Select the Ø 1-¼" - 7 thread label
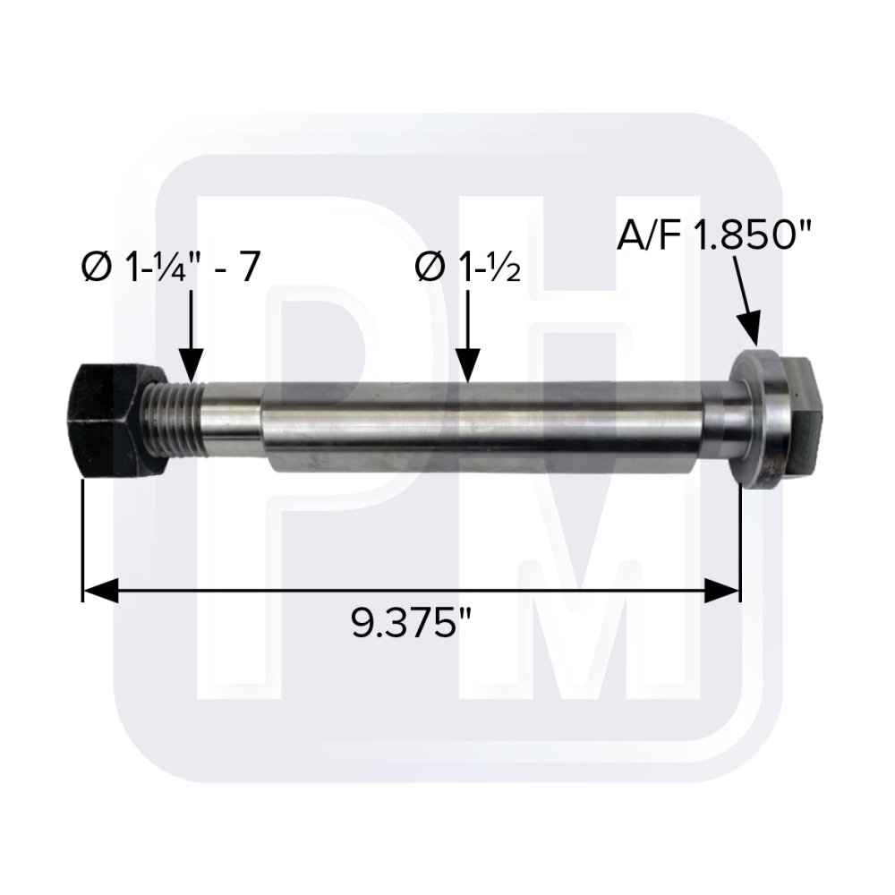171,267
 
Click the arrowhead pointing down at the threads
191,365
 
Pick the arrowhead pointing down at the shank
468,366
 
